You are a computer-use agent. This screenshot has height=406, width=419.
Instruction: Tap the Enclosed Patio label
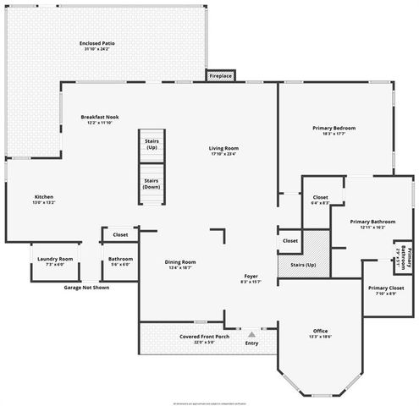point(96,44)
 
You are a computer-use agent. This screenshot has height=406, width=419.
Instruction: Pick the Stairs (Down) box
point(152,182)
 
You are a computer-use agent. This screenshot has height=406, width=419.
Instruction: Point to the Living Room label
point(224,149)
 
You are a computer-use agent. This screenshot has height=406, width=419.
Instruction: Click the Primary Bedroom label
point(334,129)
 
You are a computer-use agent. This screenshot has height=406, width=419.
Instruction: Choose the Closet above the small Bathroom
point(120,234)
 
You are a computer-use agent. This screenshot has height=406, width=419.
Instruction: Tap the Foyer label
point(251,277)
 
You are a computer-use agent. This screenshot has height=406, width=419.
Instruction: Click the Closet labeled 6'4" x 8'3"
point(321,200)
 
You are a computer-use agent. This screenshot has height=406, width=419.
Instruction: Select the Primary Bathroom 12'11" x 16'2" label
point(372,223)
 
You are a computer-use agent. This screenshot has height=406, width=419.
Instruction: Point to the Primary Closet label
point(386,288)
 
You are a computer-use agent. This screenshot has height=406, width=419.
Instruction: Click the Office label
point(320,331)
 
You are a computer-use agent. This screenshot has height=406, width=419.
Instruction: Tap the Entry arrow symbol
point(251,334)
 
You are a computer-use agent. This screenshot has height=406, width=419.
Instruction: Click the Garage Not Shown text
point(87,287)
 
